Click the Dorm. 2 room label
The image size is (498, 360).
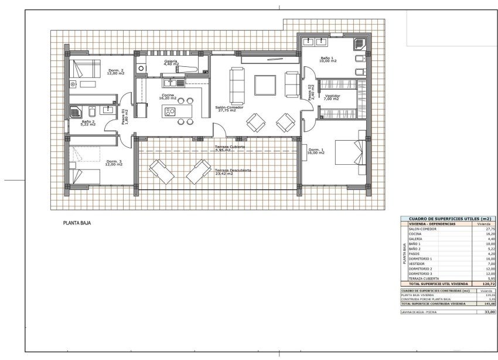116,72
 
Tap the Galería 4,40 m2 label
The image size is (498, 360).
171,62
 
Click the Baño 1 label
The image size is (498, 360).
328,59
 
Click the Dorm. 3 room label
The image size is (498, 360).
114,163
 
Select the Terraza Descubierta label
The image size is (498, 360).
233,172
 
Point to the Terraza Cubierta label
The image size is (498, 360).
217,148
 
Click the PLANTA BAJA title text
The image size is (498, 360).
77,223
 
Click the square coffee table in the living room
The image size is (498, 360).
265,86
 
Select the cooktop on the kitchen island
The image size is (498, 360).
169,111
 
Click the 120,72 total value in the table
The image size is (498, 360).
489,283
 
